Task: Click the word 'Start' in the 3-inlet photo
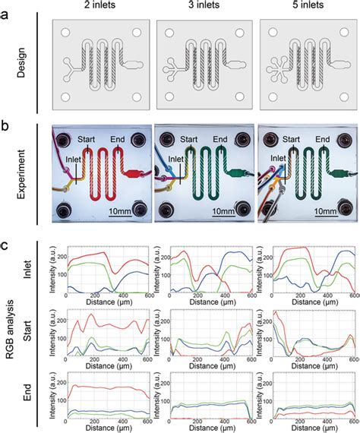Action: coord(189,139)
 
